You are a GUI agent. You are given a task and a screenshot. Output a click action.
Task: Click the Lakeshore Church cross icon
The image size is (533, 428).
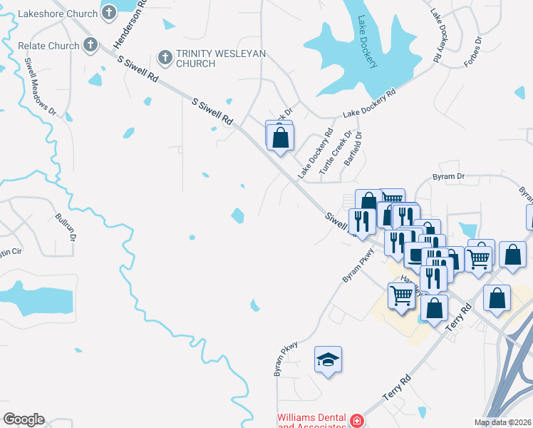(x=108, y=12)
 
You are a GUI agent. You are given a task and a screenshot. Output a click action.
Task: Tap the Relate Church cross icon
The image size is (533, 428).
(x=90, y=45)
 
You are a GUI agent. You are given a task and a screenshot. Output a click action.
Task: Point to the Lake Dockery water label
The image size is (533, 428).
(x=368, y=42)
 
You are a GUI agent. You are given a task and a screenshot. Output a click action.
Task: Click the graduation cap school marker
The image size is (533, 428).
(x=328, y=360)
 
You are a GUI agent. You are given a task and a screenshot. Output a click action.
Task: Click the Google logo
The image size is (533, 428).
(x=24, y=419)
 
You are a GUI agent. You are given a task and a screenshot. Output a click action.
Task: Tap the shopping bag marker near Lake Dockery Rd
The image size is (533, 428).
(x=281, y=137)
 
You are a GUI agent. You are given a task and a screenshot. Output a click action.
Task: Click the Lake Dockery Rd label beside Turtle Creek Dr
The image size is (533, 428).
(x=316, y=154)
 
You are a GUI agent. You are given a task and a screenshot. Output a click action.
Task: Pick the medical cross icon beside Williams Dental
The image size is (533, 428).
(x=356, y=422)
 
